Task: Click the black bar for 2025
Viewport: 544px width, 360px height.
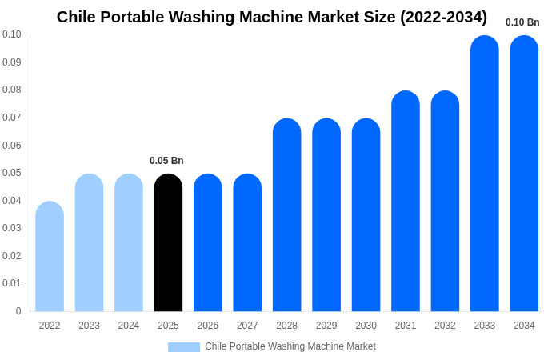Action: (x=168, y=243)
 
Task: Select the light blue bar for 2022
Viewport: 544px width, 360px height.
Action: (x=50, y=257)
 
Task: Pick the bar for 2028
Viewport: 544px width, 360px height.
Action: (x=286, y=215)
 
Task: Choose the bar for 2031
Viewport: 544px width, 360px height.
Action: (x=406, y=202)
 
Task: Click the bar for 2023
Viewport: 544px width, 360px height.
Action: (x=89, y=243)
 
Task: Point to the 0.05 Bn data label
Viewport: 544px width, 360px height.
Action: (x=166, y=161)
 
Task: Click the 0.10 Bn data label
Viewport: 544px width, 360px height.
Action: (x=522, y=22)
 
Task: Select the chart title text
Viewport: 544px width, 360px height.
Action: (x=272, y=17)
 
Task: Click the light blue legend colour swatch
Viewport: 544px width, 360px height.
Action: (x=184, y=346)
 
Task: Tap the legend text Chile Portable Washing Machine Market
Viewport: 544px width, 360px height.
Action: (x=290, y=346)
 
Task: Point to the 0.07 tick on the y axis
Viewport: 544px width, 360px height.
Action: (x=12, y=118)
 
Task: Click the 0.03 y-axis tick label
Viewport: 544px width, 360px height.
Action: (x=12, y=228)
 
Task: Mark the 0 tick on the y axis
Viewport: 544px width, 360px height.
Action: (x=18, y=311)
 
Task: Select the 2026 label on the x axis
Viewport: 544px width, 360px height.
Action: (x=208, y=326)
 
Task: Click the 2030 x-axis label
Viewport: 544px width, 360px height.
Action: (x=366, y=326)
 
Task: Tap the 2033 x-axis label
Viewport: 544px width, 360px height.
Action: (x=485, y=326)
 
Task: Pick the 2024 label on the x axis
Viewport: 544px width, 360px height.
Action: (x=129, y=326)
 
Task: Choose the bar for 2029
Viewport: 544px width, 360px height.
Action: (x=326, y=215)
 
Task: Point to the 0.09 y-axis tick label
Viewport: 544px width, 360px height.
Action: (x=12, y=62)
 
